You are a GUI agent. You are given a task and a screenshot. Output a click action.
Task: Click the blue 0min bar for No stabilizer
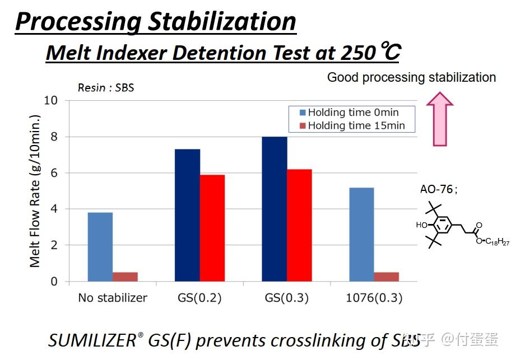point(100,247)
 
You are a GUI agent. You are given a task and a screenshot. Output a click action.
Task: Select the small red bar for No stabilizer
point(125,277)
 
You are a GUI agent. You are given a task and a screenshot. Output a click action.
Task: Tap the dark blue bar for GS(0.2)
point(187,215)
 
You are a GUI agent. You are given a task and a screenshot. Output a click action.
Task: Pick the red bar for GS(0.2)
point(212,228)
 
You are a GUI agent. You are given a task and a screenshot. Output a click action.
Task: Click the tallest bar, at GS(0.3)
point(275,209)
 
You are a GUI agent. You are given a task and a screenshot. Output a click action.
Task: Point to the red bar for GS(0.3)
point(299,225)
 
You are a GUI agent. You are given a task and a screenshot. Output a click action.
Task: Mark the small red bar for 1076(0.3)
point(386,277)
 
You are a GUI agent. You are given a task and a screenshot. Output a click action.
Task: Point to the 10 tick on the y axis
point(51,101)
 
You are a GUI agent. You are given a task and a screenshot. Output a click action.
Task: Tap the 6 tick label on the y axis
point(54,173)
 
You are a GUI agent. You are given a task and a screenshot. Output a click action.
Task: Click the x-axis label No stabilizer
point(113,298)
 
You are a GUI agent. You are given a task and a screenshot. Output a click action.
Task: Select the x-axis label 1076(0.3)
point(374,298)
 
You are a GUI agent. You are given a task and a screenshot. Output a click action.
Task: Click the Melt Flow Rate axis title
point(35,191)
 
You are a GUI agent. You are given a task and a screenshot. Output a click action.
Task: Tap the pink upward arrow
point(439,119)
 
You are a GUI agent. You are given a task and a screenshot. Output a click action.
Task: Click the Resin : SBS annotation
point(106,88)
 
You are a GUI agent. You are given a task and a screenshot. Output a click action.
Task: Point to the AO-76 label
point(438,189)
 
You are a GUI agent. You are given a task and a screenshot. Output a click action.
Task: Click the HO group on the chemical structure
point(421,225)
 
